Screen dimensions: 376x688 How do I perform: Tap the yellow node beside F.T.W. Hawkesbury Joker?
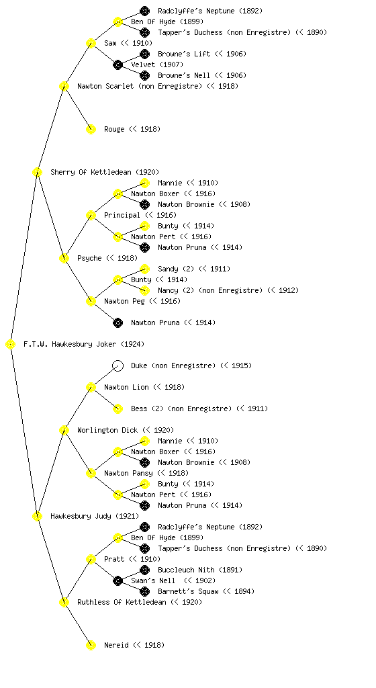(x=11, y=345)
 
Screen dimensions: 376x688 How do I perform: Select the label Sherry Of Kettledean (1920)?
(x=105, y=172)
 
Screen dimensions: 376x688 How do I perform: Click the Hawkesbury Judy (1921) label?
(x=95, y=516)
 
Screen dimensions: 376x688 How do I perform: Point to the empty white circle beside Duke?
(x=117, y=366)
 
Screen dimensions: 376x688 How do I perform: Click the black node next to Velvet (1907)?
(x=117, y=65)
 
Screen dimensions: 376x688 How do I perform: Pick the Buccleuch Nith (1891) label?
(x=200, y=570)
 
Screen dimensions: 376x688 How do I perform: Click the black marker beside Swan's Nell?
(x=117, y=581)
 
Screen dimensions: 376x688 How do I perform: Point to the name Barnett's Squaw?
(x=188, y=591)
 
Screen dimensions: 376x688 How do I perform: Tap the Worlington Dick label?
(x=107, y=430)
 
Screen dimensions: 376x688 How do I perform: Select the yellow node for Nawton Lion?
(x=91, y=388)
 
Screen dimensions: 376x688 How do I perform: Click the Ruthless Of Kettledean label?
(x=122, y=602)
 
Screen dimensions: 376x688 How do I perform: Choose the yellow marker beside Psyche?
(x=64, y=259)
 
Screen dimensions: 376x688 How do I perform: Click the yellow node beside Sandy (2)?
(x=144, y=269)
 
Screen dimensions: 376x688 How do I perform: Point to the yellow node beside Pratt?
(x=91, y=560)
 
